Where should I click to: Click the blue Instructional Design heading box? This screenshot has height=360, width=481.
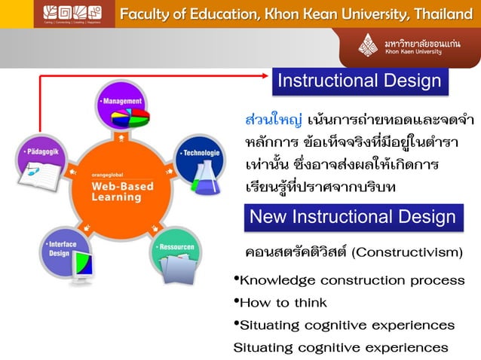tap(360, 81)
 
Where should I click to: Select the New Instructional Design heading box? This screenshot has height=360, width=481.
tap(352, 218)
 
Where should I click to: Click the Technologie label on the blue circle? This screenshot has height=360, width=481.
tap(200, 153)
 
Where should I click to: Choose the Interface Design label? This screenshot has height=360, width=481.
tap(60, 249)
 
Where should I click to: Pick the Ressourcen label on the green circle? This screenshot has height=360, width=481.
tap(176, 246)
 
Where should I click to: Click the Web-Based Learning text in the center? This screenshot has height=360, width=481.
tap(121, 191)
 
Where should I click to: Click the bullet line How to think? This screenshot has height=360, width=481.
tap(283, 303)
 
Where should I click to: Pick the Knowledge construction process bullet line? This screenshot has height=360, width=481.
tap(351, 280)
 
